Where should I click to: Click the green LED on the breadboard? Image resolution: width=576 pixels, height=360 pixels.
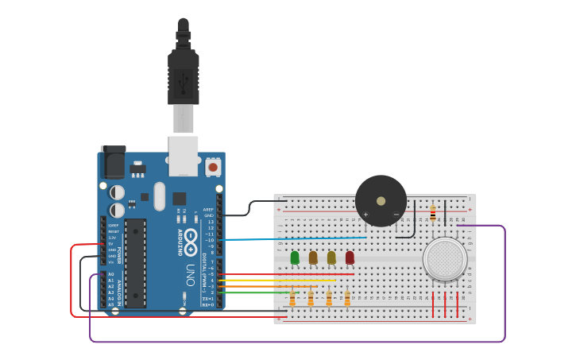(x=295, y=257)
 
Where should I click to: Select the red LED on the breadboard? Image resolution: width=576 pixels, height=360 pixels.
(x=350, y=257)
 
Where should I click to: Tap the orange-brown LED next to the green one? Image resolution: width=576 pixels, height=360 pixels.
(x=313, y=257)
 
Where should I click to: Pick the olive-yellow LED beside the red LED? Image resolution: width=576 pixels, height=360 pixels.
(x=331, y=257)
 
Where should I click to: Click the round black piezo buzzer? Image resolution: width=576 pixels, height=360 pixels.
(x=381, y=200)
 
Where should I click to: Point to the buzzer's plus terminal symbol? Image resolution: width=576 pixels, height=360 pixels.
(x=365, y=214)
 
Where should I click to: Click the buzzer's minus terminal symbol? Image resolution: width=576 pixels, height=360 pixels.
(x=396, y=214)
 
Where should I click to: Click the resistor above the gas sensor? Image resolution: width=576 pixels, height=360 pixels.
(x=432, y=213)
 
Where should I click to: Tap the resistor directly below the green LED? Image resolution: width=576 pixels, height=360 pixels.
(x=292, y=299)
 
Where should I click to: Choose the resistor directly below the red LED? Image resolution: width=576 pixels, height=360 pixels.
(x=347, y=299)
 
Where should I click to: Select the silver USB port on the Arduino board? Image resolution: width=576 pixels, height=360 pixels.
(x=183, y=155)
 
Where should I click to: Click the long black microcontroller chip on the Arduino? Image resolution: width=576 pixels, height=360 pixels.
(x=135, y=262)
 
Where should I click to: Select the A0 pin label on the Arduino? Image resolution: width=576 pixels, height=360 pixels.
(x=110, y=274)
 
